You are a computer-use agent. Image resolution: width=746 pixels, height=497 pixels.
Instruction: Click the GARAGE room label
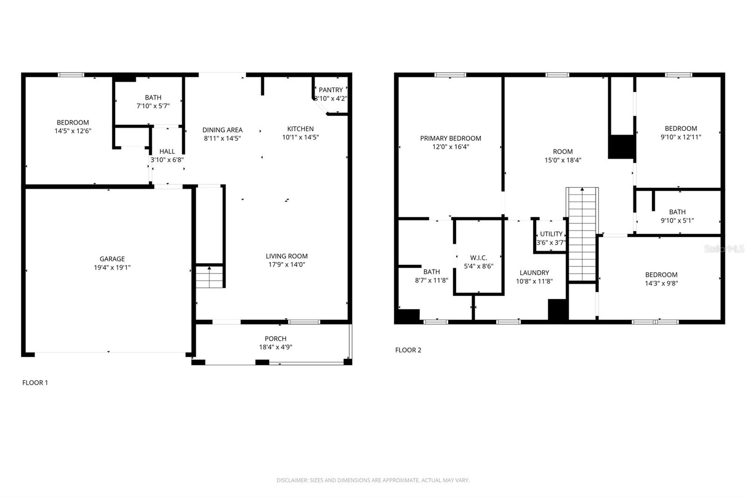[x=112, y=259]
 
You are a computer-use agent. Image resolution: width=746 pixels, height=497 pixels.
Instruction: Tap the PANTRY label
[x=331, y=90]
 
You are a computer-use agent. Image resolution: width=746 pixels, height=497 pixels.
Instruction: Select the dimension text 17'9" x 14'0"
[x=286, y=264]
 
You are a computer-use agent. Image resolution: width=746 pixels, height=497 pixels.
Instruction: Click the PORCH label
[x=276, y=338]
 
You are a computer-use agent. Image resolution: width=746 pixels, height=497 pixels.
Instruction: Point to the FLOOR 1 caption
[x=35, y=382]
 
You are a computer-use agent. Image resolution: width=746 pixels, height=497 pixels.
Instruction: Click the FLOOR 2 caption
[x=408, y=350]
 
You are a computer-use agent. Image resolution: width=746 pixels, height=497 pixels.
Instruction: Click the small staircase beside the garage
[x=210, y=276]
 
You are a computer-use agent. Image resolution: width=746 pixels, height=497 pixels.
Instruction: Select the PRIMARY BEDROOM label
[x=450, y=138]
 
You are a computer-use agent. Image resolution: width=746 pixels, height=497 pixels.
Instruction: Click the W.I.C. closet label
[x=478, y=258]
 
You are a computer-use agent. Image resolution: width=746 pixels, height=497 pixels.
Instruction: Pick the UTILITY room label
[x=551, y=234]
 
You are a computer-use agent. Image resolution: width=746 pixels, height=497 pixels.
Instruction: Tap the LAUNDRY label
[x=534, y=273]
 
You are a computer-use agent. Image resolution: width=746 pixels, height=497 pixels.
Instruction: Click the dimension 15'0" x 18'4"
[x=563, y=160]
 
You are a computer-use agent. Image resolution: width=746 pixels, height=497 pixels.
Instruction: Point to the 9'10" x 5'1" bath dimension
[x=677, y=221]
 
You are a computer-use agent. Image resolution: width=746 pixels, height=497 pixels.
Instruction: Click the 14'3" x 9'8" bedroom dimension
[x=661, y=283]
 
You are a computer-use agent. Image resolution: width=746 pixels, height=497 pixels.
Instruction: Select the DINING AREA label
[x=222, y=130]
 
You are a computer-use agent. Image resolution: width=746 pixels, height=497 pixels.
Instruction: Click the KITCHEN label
[x=300, y=129]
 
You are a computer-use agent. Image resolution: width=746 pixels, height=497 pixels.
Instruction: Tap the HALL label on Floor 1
[x=167, y=152]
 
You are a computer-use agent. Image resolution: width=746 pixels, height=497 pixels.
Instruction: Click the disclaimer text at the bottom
[x=373, y=480]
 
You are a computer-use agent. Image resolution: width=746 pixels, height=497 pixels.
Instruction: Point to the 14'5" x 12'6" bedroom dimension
[x=73, y=131]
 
